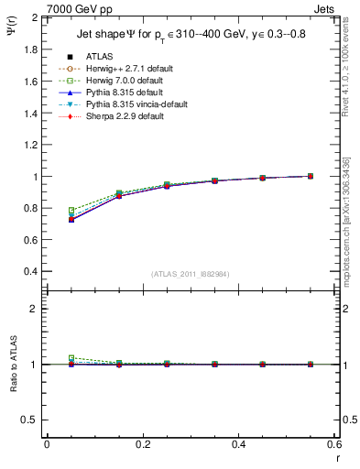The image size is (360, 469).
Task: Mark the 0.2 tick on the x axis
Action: pos(142,444)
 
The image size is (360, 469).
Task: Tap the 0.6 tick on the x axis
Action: pos(334,444)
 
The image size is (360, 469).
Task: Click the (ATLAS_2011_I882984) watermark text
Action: pos(190,274)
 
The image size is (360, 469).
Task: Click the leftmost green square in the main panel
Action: pos(71,211)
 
